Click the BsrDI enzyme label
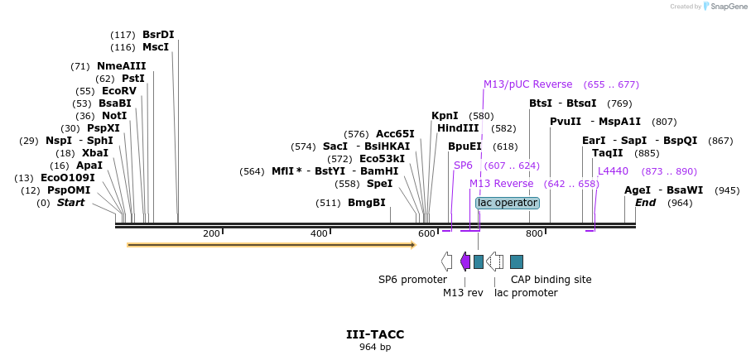158,35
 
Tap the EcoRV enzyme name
118,91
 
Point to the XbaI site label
94,153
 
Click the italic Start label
70,203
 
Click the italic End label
645,203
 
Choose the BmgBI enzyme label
366,203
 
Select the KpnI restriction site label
445,116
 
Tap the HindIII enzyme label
458,128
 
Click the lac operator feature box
508,203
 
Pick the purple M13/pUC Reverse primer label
527,84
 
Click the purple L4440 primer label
613,171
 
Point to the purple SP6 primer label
463,166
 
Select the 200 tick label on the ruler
211,233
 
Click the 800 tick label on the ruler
534,233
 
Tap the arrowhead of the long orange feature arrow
412,245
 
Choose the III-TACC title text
375,334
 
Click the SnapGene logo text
726,7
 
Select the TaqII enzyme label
608,153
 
